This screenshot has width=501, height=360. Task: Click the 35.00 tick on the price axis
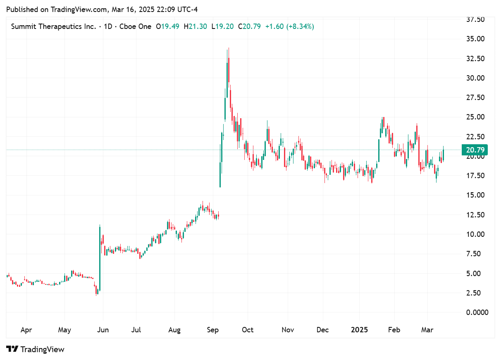click(475, 39)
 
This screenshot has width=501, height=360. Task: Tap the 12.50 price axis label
click(475, 215)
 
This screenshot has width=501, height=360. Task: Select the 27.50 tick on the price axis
click(475, 98)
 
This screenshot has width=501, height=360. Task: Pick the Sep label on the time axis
click(213, 330)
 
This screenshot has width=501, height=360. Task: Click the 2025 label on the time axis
click(359, 330)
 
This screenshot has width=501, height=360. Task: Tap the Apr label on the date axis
click(26, 330)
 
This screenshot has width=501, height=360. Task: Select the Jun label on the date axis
click(103, 330)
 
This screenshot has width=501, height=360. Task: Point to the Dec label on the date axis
click(322, 330)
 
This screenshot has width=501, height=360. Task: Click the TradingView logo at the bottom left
click(36, 349)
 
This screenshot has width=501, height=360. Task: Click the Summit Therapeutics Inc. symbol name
click(54, 26)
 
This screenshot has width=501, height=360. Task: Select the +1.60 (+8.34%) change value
click(289, 26)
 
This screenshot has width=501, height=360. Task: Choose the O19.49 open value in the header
click(168, 26)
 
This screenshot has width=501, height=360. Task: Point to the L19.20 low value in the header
click(222, 26)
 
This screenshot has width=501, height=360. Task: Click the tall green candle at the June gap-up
click(100, 258)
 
